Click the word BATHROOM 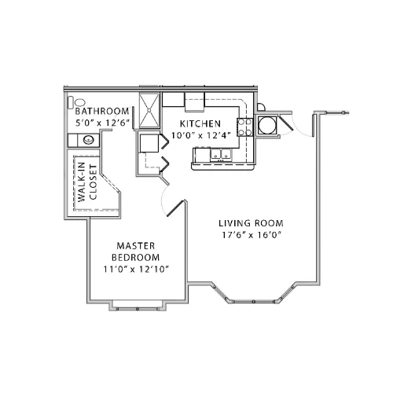coord(102,111)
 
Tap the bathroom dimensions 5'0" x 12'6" coord(103,123)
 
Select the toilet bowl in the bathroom coord(80,102)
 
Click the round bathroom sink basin coord(89,140)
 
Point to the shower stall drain coord(149,110)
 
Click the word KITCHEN coord(200,123)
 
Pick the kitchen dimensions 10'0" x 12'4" coord(201,135)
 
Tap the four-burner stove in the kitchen coord(244,127)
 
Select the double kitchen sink coord(221,154)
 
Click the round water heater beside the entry coord(267,125)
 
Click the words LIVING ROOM coord(251,223)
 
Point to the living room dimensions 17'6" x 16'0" coord(252,235)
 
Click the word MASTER coord(136,246)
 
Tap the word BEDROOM coord(136,257)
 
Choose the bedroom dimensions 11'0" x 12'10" coord(136,269)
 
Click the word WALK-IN coord(82,182)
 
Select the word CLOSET coord(94,182)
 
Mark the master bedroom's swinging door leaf coord(176,208)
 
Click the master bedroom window coord(138,309)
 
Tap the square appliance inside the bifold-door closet coord(149,143)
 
